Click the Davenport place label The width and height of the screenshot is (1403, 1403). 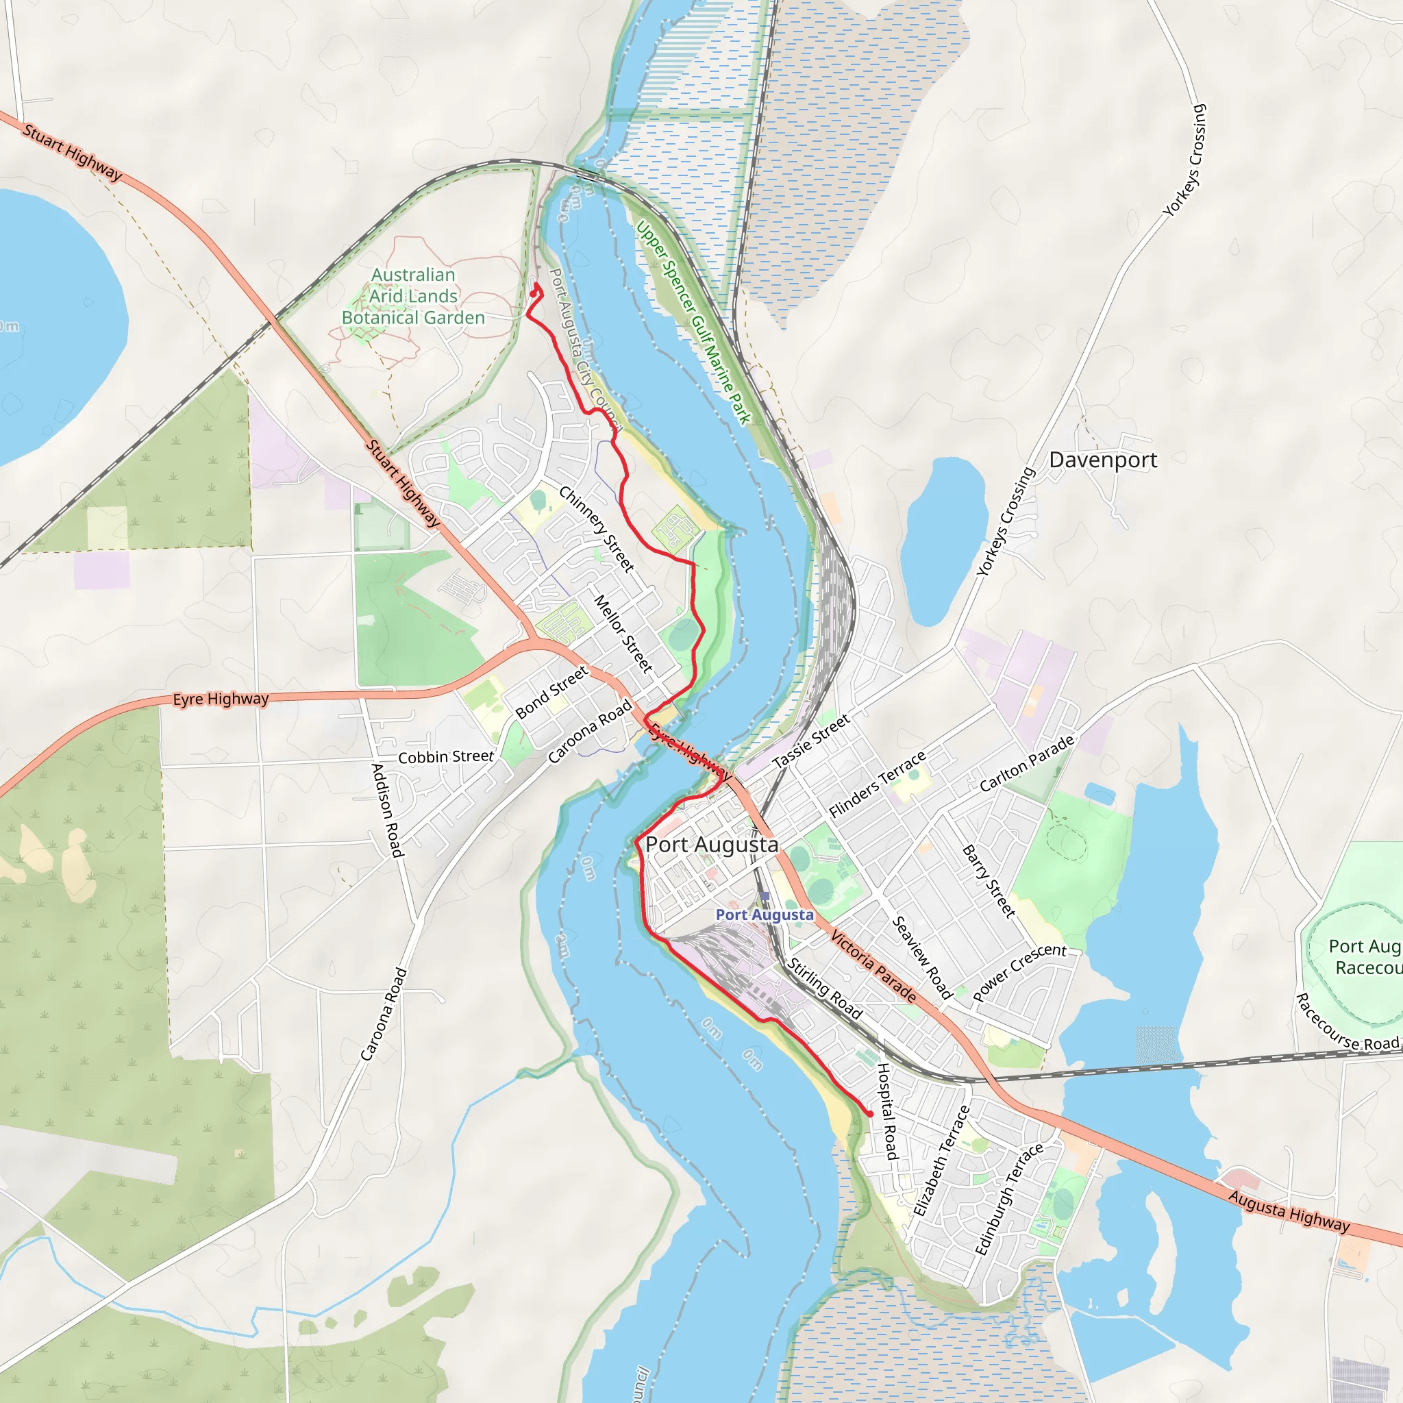(1103, 460)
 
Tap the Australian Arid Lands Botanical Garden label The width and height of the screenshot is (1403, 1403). (413, 296)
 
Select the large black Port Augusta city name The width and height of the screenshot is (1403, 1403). (712, 845)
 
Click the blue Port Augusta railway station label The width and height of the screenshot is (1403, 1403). (765, 915)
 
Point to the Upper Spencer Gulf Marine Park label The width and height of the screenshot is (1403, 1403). (693, 323)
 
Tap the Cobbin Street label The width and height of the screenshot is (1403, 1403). (446, 757)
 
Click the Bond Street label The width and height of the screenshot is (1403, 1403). (552, 693)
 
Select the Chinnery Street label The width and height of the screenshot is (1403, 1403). (596, 529)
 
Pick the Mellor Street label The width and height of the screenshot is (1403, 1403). (624, 633)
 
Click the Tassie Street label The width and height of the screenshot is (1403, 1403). (811, 741)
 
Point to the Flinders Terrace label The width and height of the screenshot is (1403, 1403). (878, 784)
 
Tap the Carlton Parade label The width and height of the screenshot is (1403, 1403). (1027, 764)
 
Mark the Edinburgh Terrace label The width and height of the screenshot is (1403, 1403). (1008, 1198)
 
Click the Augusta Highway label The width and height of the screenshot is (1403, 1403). (1289, 1210)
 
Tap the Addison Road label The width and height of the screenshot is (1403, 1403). (386, 810)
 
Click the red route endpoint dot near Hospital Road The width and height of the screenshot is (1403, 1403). (870, 1114)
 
